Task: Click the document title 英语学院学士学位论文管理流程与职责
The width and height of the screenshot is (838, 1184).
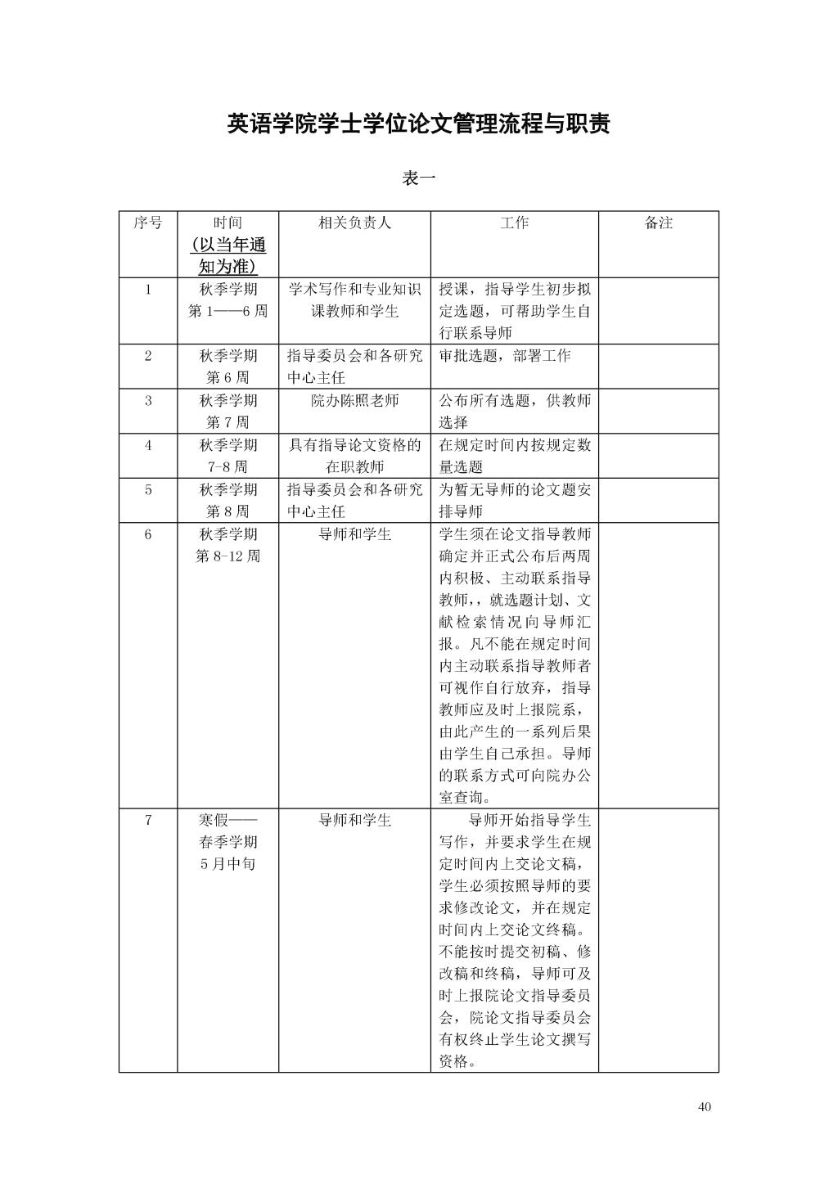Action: [x=418, y=124]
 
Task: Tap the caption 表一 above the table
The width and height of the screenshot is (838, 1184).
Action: [x=418, y=178]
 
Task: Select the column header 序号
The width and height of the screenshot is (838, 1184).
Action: [x=147, y=223]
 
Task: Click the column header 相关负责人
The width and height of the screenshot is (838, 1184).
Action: [x=354, y=223]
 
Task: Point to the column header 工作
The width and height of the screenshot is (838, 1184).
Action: [x=514, y=223]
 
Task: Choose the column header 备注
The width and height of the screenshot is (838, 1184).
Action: [x=658, y=223]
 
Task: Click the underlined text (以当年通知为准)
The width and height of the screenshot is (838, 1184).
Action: [x=228, y=256]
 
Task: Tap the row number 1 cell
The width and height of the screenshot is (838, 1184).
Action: [x=147, y=289]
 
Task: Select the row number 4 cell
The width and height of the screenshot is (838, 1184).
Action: [x=147, y=445]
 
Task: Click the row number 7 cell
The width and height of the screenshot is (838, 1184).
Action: [x=147, y=820]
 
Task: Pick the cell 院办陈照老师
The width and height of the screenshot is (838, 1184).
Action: [x=354, y=401]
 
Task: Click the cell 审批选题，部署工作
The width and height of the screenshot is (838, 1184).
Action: [x=505, y=356]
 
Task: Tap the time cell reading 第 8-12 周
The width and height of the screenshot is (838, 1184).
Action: [x=228, y=556]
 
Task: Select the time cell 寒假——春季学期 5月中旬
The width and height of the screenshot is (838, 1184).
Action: [x=228, y=842]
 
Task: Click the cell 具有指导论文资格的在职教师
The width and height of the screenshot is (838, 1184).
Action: [x=354, y=456]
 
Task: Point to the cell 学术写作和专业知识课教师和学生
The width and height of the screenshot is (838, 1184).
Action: [x=354, y=300]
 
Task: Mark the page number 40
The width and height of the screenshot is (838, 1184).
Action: [x=705, y=1107]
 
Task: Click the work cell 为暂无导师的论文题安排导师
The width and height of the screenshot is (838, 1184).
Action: [x=514, y=501]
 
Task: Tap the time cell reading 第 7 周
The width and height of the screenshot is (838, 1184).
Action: [x=228, y=422]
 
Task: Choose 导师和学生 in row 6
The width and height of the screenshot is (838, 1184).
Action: [x=354, y=534]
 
